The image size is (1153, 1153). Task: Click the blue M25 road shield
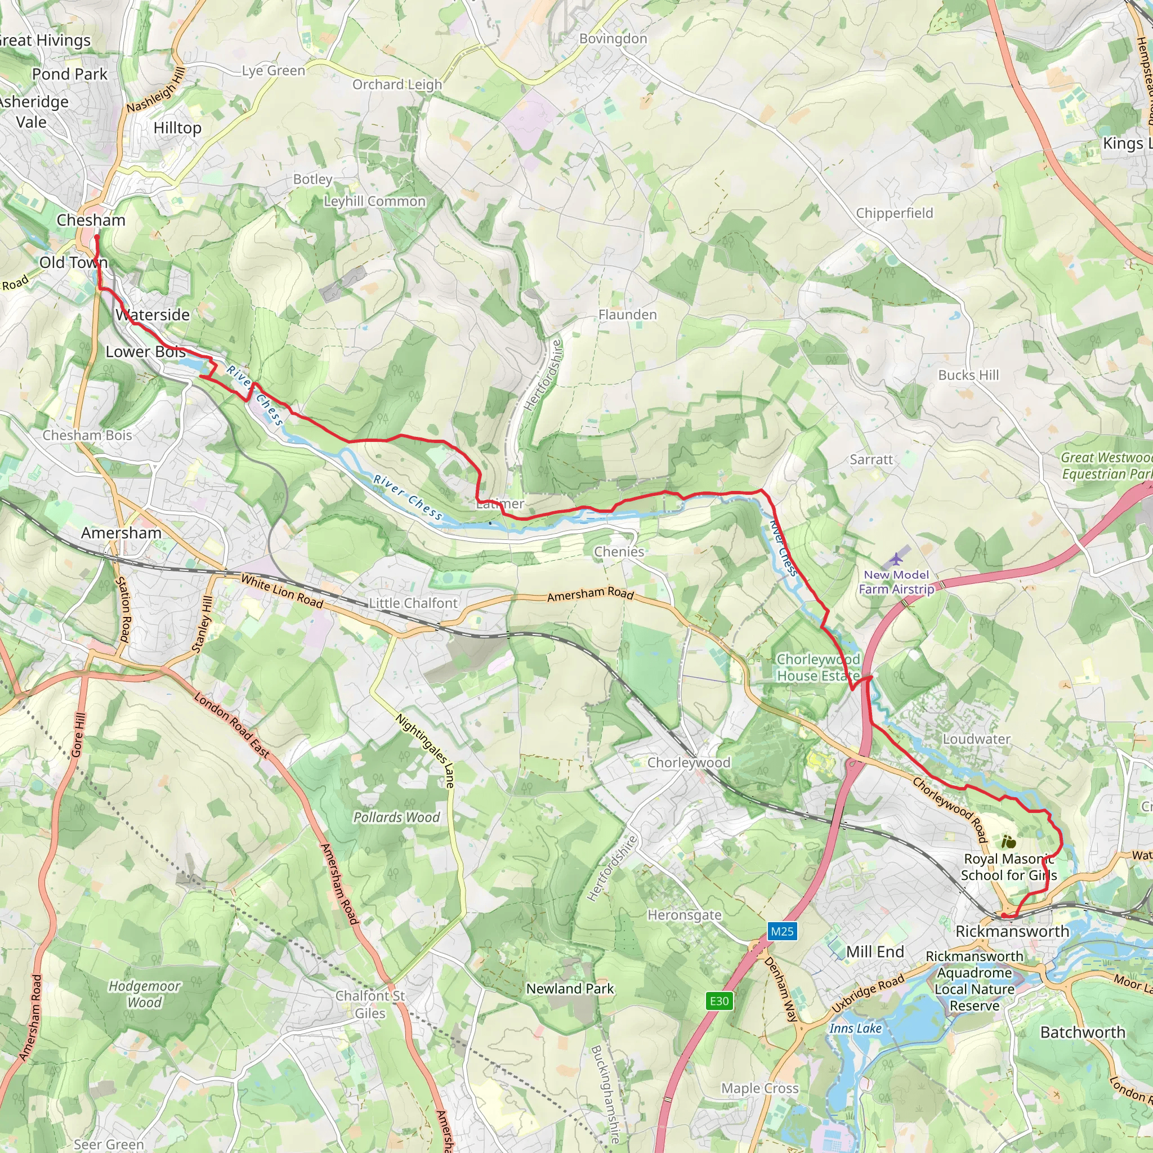[782, 931]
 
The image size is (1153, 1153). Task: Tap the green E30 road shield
[719, 1001]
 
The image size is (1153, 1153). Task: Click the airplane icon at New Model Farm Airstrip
[896, 559]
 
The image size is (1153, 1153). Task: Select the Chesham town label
[91, 220]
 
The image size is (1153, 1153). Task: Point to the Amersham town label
[121, 533]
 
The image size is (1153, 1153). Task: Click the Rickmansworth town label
[1012, 931]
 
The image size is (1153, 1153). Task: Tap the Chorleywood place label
[689, 763]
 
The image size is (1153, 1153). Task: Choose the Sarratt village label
[872, 459]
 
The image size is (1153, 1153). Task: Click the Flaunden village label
[627, 315]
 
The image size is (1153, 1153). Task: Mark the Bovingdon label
[613, 39]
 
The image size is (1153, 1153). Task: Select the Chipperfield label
[894, 213]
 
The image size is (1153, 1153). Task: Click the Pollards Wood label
[396, 817]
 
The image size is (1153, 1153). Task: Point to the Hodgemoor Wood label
[145, 994]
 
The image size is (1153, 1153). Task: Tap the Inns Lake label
[855, 1028]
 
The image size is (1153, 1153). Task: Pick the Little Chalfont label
[413, 604]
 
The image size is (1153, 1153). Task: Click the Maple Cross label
[759, 1088]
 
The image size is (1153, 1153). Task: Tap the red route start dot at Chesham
[96, 238]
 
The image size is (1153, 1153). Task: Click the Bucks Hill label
[968, 375]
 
